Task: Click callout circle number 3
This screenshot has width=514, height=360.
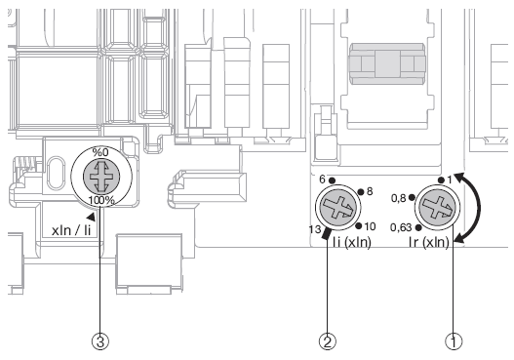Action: click(x=100, y=341)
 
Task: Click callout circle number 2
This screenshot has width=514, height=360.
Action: click(x=328, y=341)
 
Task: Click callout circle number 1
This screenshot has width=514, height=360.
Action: click(x=454, y=341)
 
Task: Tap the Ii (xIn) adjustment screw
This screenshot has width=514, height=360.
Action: click(x=338, y=208)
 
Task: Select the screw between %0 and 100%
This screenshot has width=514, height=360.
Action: click(x=101, y=176)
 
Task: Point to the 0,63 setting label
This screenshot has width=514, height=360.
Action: click(x=401, y=227)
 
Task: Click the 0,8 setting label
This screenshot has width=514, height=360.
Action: click(x=399, y=198)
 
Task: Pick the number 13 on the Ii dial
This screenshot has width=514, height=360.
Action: click(x=314, y=229)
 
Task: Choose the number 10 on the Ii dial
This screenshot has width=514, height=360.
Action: click(x=370, y=226)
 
